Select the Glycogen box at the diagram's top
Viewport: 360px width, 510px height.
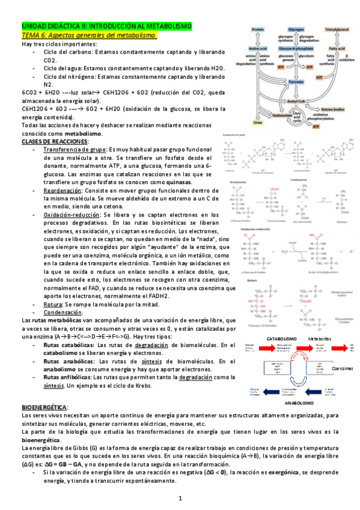tap(296, 29)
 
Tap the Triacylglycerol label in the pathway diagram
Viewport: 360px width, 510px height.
tap(332, 29)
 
